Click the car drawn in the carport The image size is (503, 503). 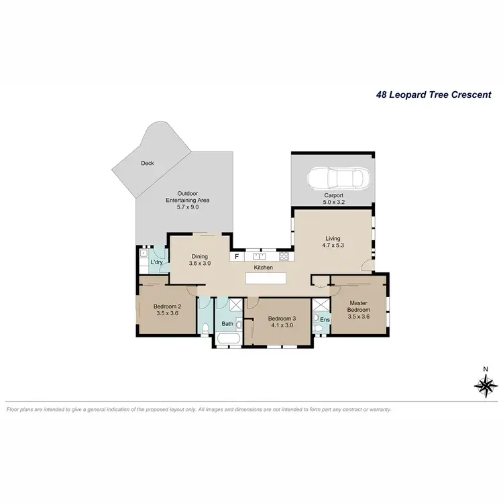coord(335,179)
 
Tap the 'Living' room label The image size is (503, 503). coord(333,239)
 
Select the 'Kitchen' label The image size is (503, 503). coord(263,268)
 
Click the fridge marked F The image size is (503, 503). coord(236,256)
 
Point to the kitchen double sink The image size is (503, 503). coord(259,256)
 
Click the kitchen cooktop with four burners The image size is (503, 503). coord(284,256)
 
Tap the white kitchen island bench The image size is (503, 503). coord(266,278)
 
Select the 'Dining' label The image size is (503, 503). coord(200,256)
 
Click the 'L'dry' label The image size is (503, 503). coord(157,262)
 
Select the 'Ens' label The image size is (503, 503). coord(325,320)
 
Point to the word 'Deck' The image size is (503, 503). coord(148,163)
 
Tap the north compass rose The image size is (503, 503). coord(485,385)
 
